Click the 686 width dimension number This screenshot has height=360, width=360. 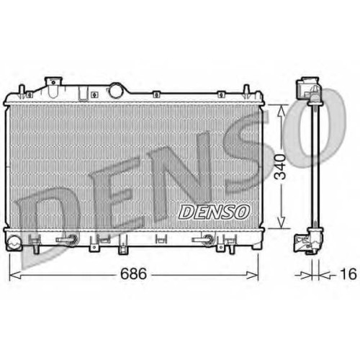[x=133, y=274]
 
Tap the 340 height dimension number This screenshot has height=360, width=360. [x=280, y=167]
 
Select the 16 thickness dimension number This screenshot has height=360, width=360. [x=348, y=274]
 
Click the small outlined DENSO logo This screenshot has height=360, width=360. [x=214, y=212]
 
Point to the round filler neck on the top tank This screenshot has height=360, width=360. [x=116, y=90]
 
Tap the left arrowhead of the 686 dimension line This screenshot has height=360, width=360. [x=15, y=276]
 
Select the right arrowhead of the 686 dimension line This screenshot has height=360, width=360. [x=252, y=276]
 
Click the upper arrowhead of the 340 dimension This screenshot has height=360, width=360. [x=282, y=112]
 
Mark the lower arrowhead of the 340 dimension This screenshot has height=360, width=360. [x=282, y=222]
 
